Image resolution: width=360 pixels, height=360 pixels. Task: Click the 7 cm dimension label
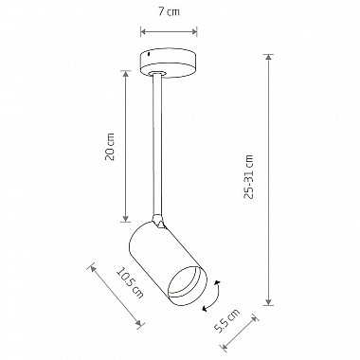click(x=169, y=12)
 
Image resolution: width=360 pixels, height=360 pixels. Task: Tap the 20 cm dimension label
click(x=110, y=147)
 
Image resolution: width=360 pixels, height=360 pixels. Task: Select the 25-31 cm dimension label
click(x=249, y=176)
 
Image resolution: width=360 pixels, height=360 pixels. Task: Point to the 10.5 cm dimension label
click(x=130, y=283)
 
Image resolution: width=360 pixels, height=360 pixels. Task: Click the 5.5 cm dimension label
click(x=226, y=321)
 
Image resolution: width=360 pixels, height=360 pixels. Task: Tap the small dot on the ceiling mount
click(x=149, y=55)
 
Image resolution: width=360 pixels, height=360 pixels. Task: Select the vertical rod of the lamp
click(x=158, y=144)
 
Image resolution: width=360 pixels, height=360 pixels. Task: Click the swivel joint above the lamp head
click(x=158, y=221)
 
